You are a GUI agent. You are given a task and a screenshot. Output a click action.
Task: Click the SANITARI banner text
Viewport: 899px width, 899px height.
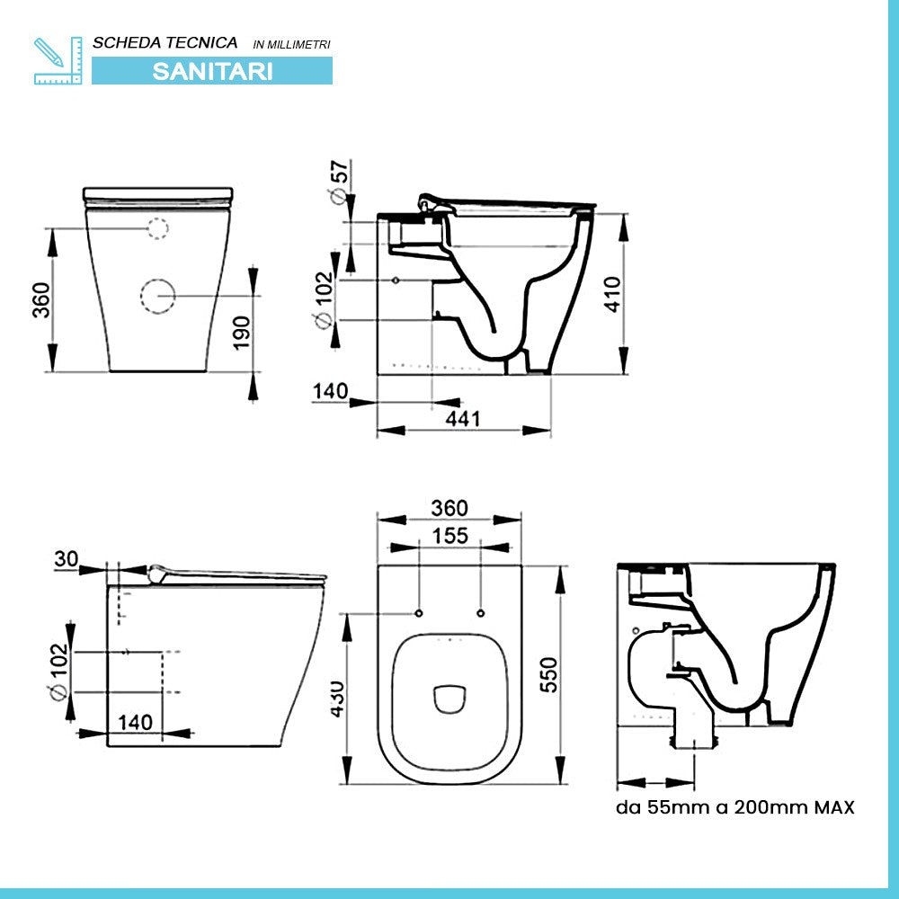[x=212, y=71]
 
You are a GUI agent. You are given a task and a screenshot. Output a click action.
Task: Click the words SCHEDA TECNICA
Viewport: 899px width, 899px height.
[x=165, y=42]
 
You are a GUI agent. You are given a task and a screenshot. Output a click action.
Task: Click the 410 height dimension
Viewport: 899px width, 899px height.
[x=612, y=293]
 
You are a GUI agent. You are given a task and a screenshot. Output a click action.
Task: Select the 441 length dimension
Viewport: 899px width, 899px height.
[x=464, y=418]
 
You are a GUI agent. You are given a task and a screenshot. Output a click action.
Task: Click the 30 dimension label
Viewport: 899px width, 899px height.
[x=66, y=558]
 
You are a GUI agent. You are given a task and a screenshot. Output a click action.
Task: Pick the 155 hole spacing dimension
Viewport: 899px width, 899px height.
[x=449, y=536]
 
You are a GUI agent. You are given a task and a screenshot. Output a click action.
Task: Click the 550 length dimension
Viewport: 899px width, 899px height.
[x=547, y=673]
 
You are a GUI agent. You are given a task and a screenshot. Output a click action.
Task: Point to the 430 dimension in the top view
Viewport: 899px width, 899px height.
[x=334, y=698]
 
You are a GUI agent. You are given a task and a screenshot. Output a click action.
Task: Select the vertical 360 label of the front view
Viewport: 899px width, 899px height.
[x=40, y=299]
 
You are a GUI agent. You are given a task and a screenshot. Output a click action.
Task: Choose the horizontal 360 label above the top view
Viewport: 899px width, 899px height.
[x=449, y=508]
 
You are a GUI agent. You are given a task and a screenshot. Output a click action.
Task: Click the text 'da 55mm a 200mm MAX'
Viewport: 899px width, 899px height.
[x=735, y=806]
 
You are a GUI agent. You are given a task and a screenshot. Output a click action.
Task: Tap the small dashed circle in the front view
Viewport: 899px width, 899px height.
[x=156, y=228]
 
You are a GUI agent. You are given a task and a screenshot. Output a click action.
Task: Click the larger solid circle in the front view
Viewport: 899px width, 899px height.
[x=157, y=295]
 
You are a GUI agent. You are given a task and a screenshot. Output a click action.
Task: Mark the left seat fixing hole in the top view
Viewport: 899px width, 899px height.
[x=419, y=613]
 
